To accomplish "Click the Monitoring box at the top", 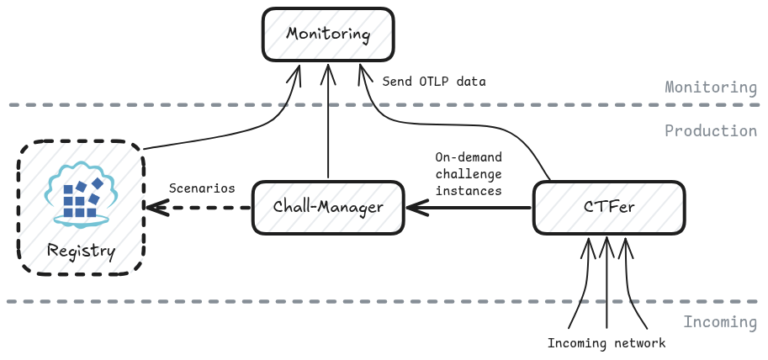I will pyautogui.click(x=328, y=35).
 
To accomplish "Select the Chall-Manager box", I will pyautogui.click(x=327, y=207).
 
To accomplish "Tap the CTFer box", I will pyautogui.click(x=609, y=207).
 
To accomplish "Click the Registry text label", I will pyautogui.click(x=81, y=251).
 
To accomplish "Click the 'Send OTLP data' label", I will pyautogui.click(x=434, y=82).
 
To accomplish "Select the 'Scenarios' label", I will pyautogui.click(x=202, y=188).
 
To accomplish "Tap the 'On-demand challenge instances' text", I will pyautogui.click(x=468, y=174).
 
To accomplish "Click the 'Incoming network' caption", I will pyautogui.click(x=606, y=343).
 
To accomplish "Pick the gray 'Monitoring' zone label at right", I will pyautogui.click(x=711, y=87).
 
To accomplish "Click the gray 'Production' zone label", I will pyautogui.click(x=711, y=130).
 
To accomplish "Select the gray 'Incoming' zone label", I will pyautogui.click(x=720, y=322).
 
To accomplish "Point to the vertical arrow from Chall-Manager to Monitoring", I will pyautogui.click(x=328, y=126).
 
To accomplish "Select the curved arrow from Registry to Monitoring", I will pyautogui.click(x=219, y=135).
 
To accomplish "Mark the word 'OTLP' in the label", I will pyautogui.click(x=434, y=82).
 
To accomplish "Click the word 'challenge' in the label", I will pyautogui.click(x=468, y=174).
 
